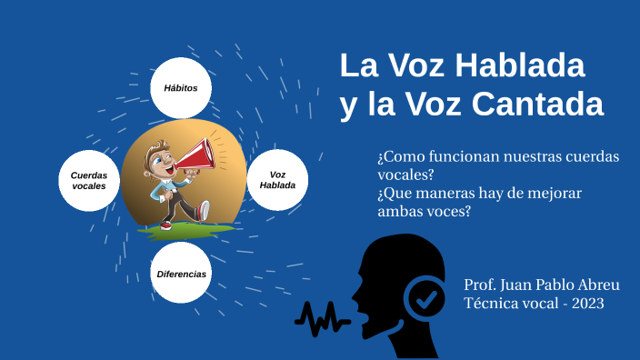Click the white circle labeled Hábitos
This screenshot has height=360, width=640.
click(x=181, y=88)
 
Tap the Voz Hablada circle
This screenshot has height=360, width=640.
click(x=277, y=180)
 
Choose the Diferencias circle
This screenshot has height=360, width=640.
click(x=181, y=273)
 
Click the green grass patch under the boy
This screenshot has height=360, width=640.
click(x=185, y=227)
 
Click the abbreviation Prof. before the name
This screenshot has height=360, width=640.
click(x=479, y=284)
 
